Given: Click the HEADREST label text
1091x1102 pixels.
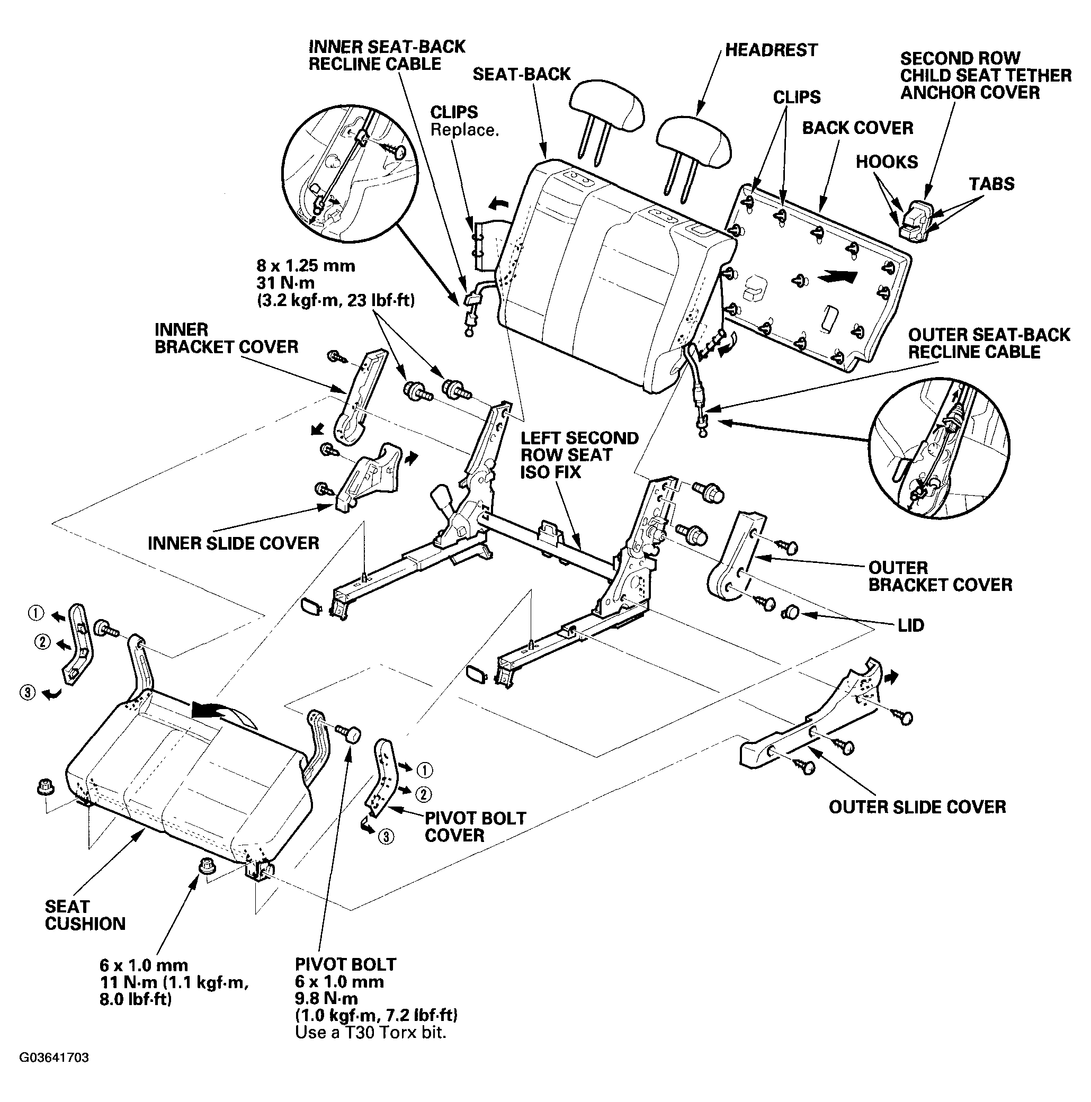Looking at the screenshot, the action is (771, 50).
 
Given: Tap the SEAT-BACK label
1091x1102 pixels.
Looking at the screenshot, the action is (521, 74).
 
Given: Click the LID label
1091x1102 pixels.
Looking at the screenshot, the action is (910, 625).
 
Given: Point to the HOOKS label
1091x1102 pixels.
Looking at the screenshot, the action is (887, 162).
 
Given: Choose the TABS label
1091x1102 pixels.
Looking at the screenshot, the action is (992, 184).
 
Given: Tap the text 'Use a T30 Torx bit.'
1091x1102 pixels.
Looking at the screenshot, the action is (370, 1032).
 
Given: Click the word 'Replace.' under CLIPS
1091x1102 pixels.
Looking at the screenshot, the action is (464, 130).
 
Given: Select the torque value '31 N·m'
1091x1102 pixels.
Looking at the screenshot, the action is (285, 282).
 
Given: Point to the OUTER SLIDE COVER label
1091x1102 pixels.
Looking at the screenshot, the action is (917, 807).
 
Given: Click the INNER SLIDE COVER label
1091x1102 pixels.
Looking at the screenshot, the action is (233, 543).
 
